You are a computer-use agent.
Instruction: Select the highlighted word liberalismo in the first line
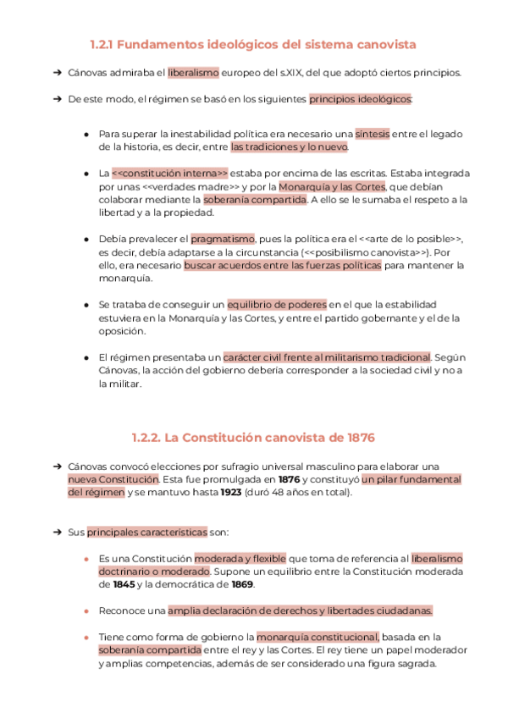tap(193, 73)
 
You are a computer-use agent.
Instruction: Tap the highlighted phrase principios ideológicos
tap(360, 99)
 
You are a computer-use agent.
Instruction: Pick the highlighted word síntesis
tap(373, 134)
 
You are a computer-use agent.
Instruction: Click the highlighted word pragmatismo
tap(222, 239)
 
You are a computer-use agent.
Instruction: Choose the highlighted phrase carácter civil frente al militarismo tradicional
tap(327, 357)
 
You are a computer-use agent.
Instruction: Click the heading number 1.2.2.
tap(146, 438)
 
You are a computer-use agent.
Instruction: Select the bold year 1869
tap(241, 584)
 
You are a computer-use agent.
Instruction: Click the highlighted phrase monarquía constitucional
tap(317, 637)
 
